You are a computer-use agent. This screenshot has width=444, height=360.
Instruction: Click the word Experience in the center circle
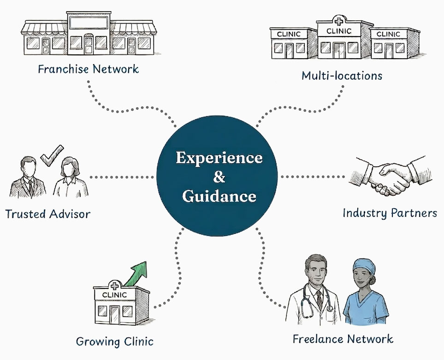pos(219,158)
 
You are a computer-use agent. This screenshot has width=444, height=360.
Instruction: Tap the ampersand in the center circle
pos(219,177)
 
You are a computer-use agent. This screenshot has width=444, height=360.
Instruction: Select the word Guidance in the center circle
pos(219,196)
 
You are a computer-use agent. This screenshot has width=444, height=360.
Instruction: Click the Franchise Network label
pos(88,70)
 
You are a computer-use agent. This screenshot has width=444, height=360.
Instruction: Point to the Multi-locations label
pos(342,75)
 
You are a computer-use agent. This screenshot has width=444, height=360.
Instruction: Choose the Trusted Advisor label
pos(47,214)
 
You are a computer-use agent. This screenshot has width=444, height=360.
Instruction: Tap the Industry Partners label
pos(390,213)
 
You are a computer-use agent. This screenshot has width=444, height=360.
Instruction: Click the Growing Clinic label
pos(114,342)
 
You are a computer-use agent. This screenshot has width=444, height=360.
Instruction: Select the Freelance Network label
pos(343,339)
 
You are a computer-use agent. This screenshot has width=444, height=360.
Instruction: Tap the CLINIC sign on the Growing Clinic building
pos(113,294)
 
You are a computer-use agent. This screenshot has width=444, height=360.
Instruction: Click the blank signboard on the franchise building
pos(89,22)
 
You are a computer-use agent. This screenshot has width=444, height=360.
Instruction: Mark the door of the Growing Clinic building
pos(114,315)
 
